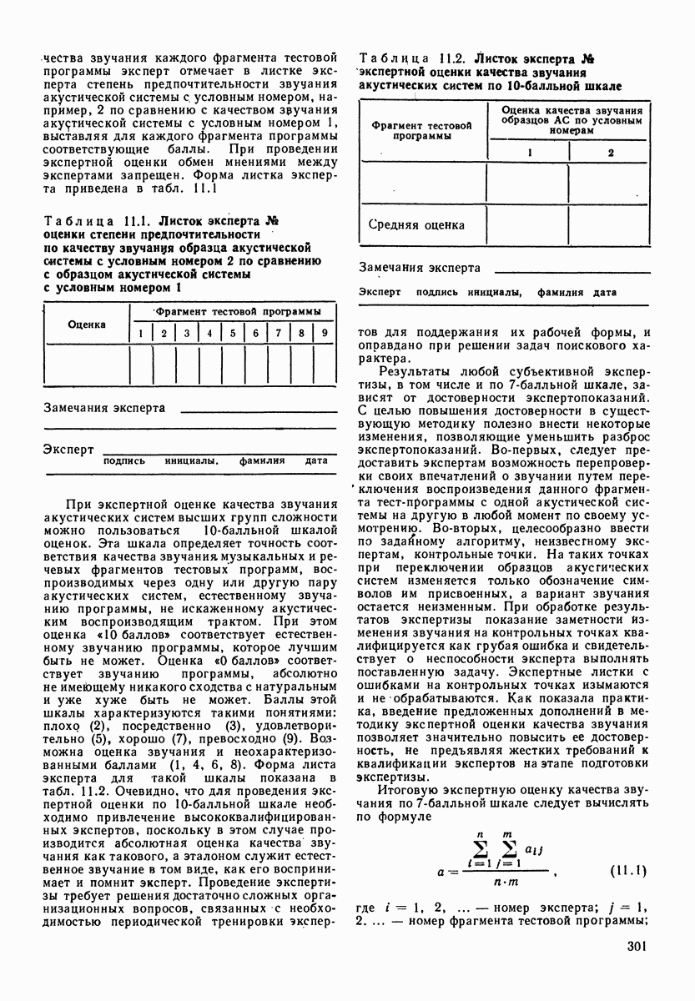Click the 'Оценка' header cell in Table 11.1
(x=87, y=324)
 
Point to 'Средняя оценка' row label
(x=417, y=224)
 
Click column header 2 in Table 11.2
(x=611, y=153)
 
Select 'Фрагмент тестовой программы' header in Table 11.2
(x=421, y=129)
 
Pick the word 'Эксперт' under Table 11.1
(x=68, y=449)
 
